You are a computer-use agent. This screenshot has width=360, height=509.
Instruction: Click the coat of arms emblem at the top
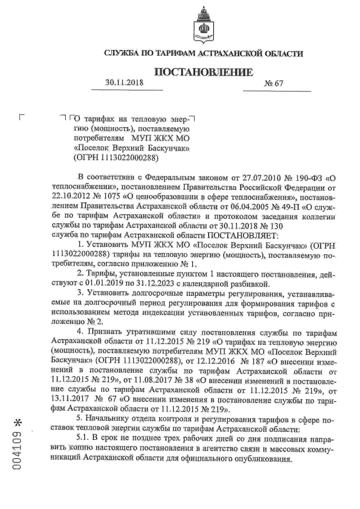[x=202, y=24]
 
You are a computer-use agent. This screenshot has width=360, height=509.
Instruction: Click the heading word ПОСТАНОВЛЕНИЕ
[x=203, y=73]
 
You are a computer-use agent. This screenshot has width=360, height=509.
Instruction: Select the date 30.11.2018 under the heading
[x=125, y=83]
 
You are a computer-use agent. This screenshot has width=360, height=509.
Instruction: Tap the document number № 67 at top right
[x=274, y=83]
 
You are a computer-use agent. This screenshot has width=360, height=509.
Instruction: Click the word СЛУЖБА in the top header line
[x=123, y=54]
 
